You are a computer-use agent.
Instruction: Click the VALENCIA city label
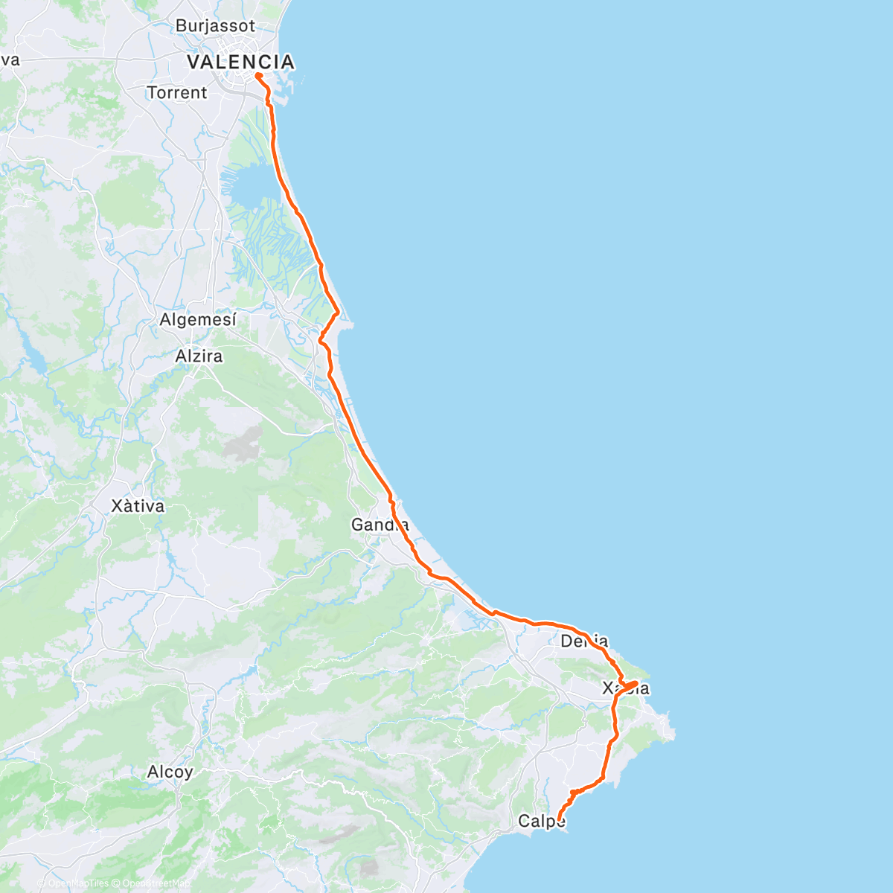[240, 62]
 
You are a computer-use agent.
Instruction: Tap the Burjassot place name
[215, 26]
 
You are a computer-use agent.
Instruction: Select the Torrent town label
[177, 93]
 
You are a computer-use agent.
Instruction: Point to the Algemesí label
[198, 320]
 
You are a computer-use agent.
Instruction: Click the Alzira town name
[199, 356]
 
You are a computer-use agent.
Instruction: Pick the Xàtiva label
[138, 506]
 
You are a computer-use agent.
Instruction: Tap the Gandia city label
[380, 525]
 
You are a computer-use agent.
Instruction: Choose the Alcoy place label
[170, 772]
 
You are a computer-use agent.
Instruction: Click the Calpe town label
[541, 822]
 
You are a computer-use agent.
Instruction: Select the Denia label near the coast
[584, 641]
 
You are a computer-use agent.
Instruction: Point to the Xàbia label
[625, 688]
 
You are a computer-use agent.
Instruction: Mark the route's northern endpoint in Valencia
[257, 75]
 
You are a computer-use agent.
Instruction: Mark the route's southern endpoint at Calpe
[559, 820]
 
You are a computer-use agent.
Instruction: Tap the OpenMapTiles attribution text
[79, 883]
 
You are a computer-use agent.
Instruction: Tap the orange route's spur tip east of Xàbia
[636, 682]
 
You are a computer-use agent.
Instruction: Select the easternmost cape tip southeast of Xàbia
[674, 736]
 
